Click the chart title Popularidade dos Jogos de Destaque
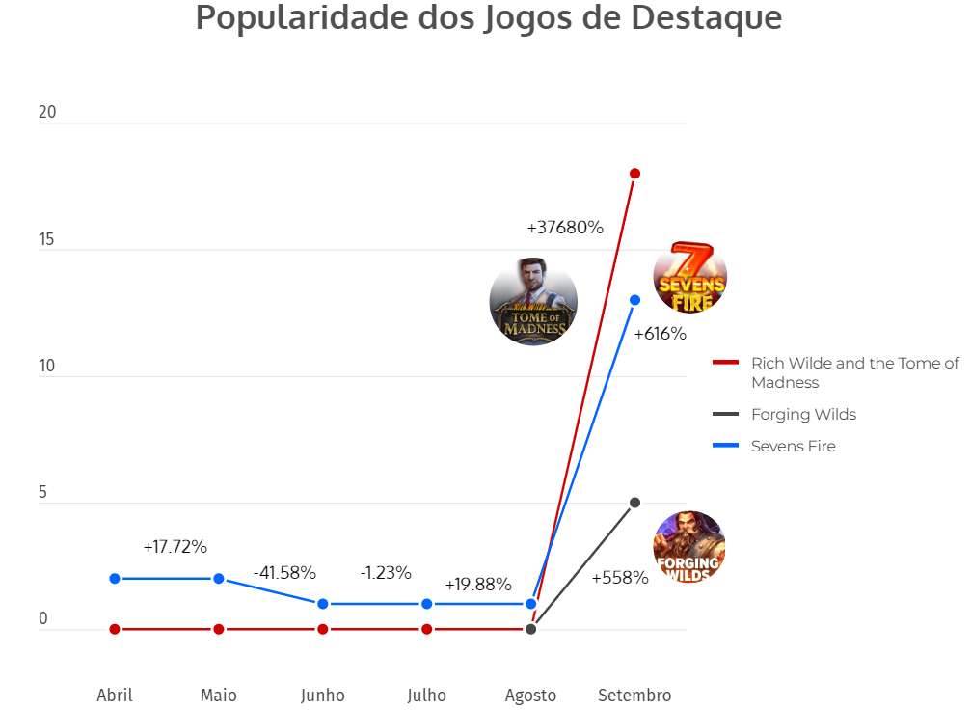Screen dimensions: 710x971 (x=488, y=18)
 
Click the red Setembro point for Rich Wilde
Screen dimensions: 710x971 (x=634, y=174)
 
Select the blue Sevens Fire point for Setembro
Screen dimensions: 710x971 (x=634, y=300)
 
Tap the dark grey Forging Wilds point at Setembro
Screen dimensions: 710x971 (x=634, y=503)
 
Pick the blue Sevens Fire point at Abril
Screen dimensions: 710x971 (x=115, y=579)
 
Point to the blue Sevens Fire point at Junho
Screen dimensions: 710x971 (x=323, y=604)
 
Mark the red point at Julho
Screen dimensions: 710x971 (x=427, y=629)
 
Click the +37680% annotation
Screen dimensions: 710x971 (x=565, y=229)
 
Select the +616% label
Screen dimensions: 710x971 (x=660, y=334)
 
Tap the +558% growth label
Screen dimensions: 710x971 (x=620, y=578)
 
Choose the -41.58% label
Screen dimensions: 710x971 (x=284, y=572)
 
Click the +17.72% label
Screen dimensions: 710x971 (x=175, y=547)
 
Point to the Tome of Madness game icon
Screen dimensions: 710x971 (x=533, y=302)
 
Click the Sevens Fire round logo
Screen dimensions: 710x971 (x=690, y=278)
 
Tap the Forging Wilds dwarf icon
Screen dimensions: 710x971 (x=688, y=547)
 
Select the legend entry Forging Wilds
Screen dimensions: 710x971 (x=803, y=415)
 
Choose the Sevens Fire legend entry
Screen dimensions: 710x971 (x=793, y=446)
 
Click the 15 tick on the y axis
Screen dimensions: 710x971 (x=47, y=239)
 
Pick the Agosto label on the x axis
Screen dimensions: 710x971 (x=530, y=696)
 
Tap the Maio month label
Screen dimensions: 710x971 (x=219, y=696)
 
